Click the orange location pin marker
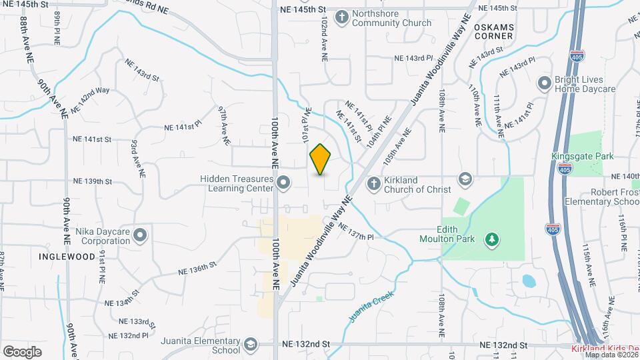[321, 159]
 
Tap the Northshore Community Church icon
[341, 17]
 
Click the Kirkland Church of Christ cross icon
[374, 183]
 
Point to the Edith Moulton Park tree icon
[491, 238]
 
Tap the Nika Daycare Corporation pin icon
[140, 235]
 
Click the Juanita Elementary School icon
[251, 345]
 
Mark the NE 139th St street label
[91, 181]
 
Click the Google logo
[22, 351]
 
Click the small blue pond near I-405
[529, 281]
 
